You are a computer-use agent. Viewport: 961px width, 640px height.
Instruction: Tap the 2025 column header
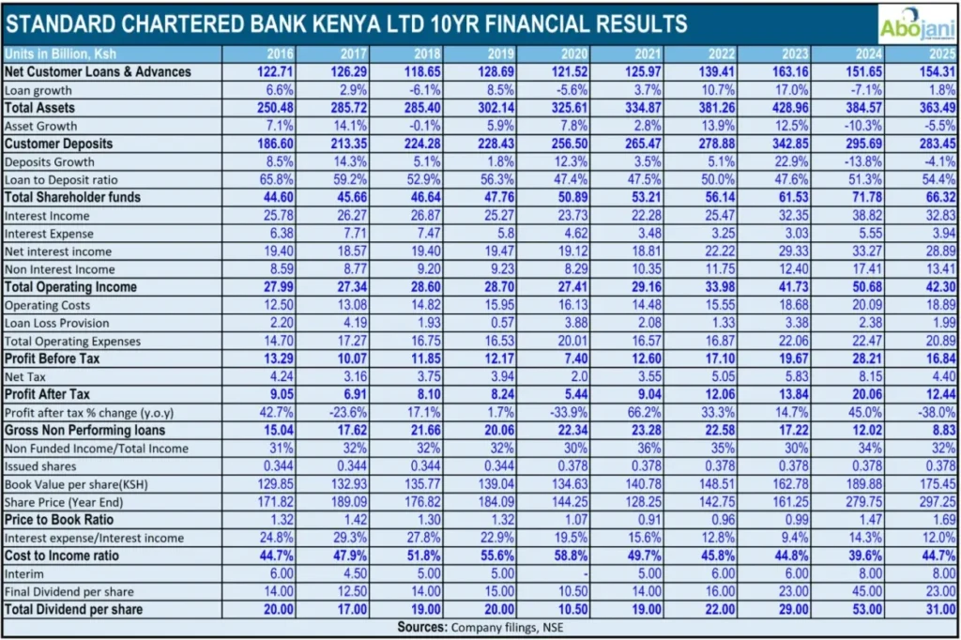point(938,53)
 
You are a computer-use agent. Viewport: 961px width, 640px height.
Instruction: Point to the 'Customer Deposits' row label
point(58,144)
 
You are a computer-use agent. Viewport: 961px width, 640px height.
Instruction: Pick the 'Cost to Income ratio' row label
point(65,556)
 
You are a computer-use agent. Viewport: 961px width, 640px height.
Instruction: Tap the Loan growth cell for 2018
point(423,90)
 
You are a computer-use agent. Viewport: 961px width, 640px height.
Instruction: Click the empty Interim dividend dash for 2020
point(583,574)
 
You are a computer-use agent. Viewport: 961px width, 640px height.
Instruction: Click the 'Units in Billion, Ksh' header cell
point(60,53)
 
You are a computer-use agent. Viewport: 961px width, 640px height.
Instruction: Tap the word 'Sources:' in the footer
point(423,627)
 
